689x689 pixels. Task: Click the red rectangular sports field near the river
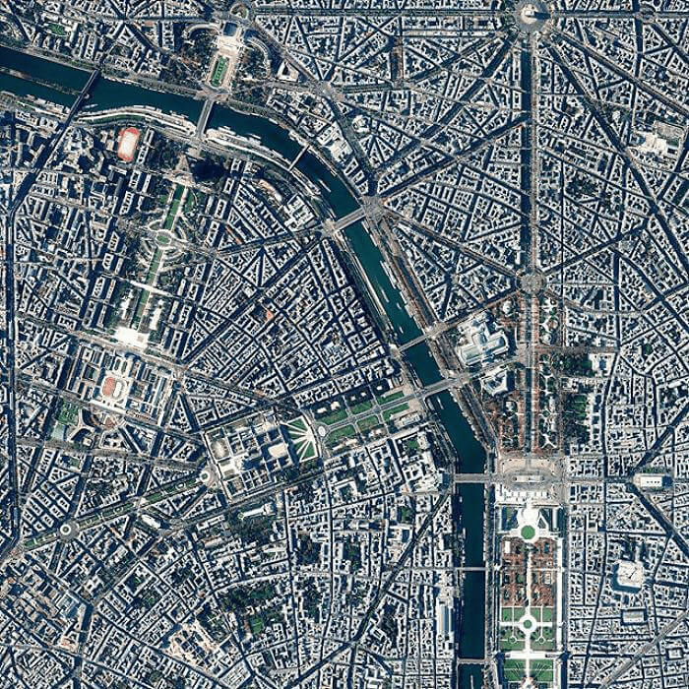128,144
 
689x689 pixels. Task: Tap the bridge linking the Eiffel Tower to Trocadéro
205,115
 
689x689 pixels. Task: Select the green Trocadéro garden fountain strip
220,69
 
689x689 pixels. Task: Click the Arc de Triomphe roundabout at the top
531,13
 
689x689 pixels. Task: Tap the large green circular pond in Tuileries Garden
529,532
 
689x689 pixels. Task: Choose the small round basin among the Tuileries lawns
528,622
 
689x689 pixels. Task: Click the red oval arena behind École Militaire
109,387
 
